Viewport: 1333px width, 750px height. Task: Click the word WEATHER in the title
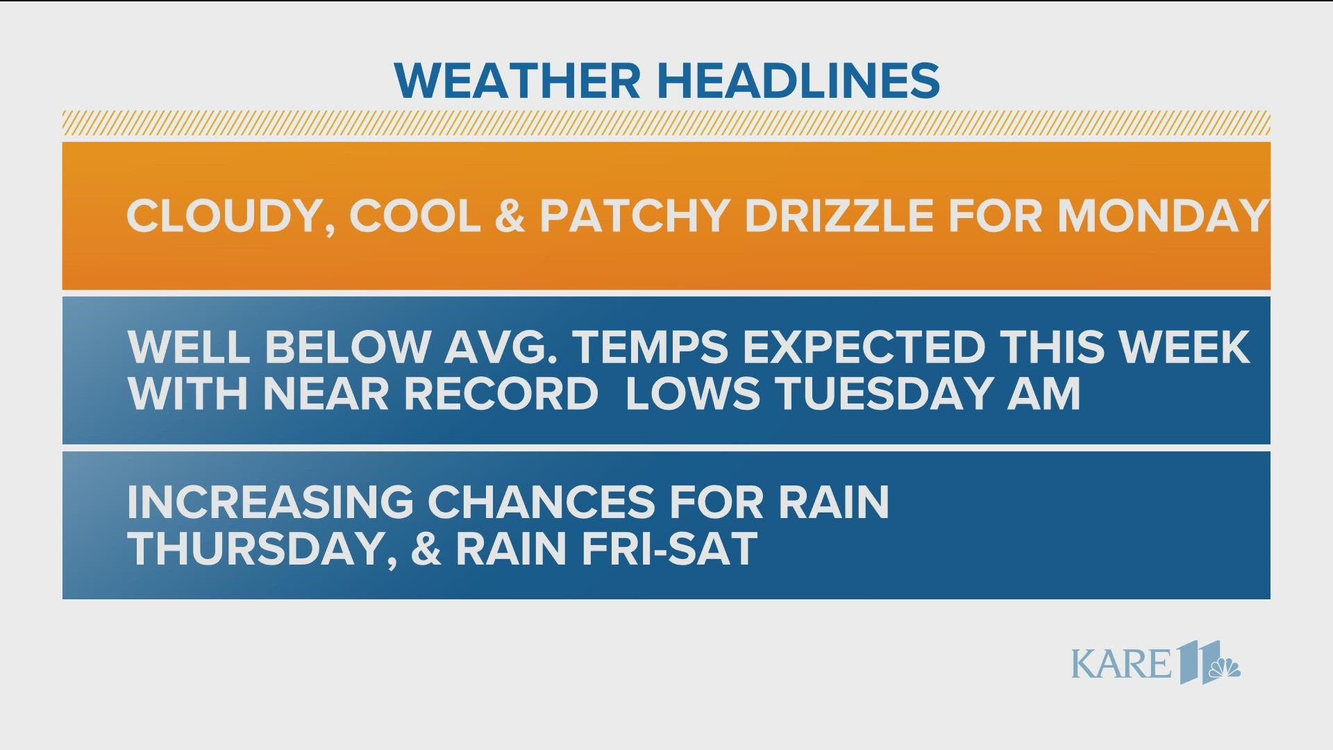pos(517,81)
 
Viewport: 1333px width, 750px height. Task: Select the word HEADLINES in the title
pos(798,81)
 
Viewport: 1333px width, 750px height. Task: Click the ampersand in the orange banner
pos(510,216)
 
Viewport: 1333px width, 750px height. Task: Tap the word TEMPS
pos(651,347)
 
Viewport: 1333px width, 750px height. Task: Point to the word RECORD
pos(501,394)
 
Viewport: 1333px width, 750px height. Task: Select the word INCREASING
pos(270,501)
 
